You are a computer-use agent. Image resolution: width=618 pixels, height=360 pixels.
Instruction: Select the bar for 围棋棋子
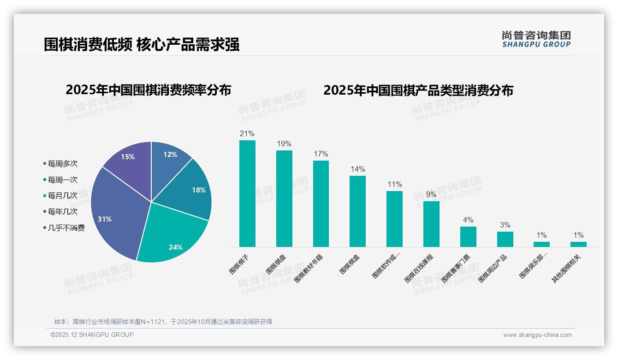(247, 194)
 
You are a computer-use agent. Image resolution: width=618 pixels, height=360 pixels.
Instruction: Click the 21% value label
(247, 134)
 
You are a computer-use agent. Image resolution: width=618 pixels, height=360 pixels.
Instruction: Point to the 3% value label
(505, 225)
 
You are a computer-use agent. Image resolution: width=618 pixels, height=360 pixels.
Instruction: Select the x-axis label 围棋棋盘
(276, 264)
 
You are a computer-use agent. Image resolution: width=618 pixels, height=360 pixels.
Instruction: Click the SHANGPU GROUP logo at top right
(536, 39)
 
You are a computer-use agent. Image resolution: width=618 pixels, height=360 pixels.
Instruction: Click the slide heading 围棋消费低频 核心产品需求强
(142, 45)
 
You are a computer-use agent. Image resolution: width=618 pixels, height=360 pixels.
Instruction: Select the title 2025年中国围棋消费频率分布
(148, 90)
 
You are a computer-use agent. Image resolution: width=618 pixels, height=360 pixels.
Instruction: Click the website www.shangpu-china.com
(537, 335)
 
